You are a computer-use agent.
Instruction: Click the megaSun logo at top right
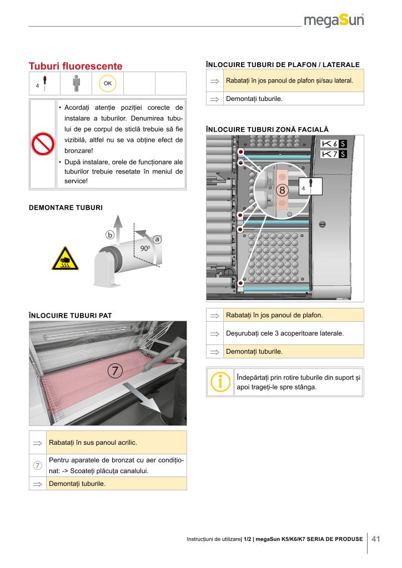click(x=334, y=21)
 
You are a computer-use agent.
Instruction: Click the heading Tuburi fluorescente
click(x=76, y=66)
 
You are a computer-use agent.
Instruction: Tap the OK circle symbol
click(x=107, y=83)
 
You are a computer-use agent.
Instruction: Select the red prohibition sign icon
click(x=42, y=145)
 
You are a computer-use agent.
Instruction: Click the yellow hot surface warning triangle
click(x=66, y=258)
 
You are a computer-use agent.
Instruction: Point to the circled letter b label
click(x=110, y=235)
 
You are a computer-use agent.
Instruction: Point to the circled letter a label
click(x=157, y=240)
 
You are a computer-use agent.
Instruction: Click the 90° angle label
click(x=145, y=248)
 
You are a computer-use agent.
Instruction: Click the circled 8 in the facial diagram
click(x=282, y=190)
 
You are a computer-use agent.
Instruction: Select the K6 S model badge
click(x=334, y=144)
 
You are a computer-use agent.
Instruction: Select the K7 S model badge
click(x=334, y=154)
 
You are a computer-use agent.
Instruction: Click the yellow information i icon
click(x=220, y=382)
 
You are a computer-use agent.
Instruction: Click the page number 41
click(x=376, y=539)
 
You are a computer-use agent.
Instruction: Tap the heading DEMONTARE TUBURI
click(x=66, y=208)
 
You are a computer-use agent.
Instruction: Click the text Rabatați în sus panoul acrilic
click(x=93, y=443)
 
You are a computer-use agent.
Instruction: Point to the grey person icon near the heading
click(x=76, y=83)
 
